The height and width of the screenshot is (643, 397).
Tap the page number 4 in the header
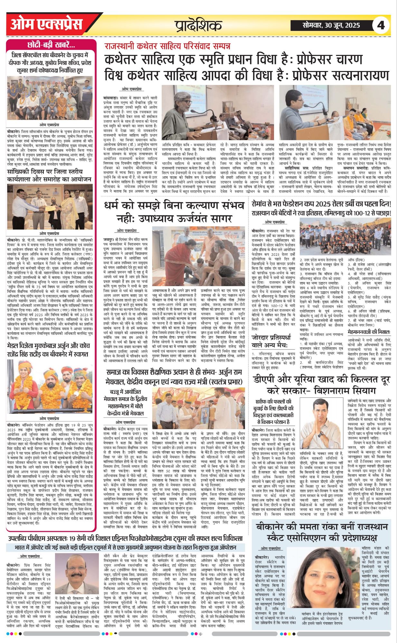tap(381, 25)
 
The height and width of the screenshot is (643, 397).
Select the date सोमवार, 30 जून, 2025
tap(331, 25)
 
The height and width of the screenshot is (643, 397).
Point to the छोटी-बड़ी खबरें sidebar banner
tap(51, 45)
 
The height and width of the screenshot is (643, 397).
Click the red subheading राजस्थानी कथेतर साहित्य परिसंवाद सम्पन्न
tap(167, 46)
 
